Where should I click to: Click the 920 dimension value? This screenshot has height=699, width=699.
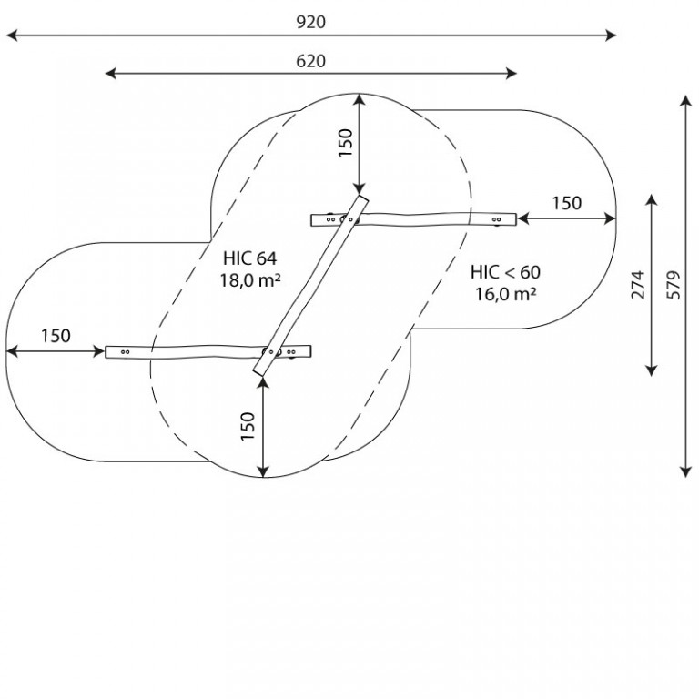pos(311,22)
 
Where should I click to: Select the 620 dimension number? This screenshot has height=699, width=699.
pos(310,61)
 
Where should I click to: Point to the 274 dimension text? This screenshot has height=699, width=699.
pos(638,285)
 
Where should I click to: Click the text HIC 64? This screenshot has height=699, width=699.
pos(249,258)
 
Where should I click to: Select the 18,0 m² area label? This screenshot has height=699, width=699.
pos(250,280)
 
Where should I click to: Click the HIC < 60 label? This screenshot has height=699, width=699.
pos(505,272)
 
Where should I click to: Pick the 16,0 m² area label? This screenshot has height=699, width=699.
pos(505,294)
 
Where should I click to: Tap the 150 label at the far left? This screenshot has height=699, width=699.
pos(56,336)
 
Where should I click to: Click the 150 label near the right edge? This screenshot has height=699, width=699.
pos(567,203)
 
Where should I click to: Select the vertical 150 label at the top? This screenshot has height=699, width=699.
pos(346,143)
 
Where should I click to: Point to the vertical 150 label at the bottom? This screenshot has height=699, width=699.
pos(248,427)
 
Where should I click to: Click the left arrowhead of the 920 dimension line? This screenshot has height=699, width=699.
pos(12,35)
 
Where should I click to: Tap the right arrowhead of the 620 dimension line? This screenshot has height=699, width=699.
pos(512,74)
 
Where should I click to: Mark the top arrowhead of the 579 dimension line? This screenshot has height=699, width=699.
pos(685,101)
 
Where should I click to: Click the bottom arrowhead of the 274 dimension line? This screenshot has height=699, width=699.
pos(652,370)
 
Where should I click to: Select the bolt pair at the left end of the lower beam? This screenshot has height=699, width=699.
pos(126,352)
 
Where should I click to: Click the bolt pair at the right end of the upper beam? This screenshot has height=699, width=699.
pos(496,219)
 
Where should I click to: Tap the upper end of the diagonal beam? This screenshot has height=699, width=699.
pos(363,198)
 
